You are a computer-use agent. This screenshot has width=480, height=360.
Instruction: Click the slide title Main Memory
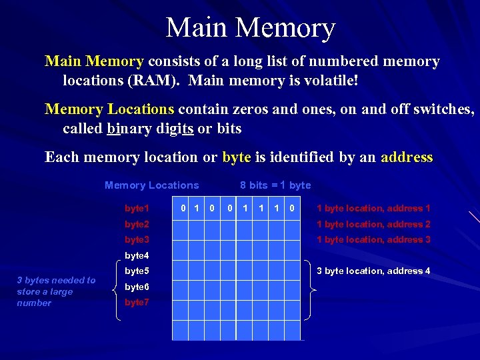[x=250, y=28]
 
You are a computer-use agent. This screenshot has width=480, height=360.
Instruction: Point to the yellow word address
[x=407, y=157]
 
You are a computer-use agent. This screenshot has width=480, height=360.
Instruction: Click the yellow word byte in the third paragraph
[x=236, y=157]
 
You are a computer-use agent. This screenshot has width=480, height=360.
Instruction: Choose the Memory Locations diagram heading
[x=151, y=185]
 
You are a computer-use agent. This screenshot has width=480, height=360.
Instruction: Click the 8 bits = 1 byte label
[x=275, y=185]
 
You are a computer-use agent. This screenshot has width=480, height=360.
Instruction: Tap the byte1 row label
[x=137, y=209]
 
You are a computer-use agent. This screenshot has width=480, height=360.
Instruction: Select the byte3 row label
[x=137, y=239]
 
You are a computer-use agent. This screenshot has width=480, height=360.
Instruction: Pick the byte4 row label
[x=137, y=255]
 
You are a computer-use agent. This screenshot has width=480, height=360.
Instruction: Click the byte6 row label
[x=137, y=287]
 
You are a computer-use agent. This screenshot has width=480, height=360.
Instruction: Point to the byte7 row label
[x=137, y=302]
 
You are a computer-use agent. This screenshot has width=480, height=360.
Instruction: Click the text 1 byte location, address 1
[x=373, y=209]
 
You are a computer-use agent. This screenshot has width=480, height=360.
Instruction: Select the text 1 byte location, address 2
[x=373, y=225]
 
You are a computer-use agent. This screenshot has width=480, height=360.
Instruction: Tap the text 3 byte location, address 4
[x=373, y=271]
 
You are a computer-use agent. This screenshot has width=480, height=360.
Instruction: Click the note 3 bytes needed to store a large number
[x=56, y=291]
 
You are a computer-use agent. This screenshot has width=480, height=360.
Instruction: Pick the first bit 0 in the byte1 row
[x=183, y=209]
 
